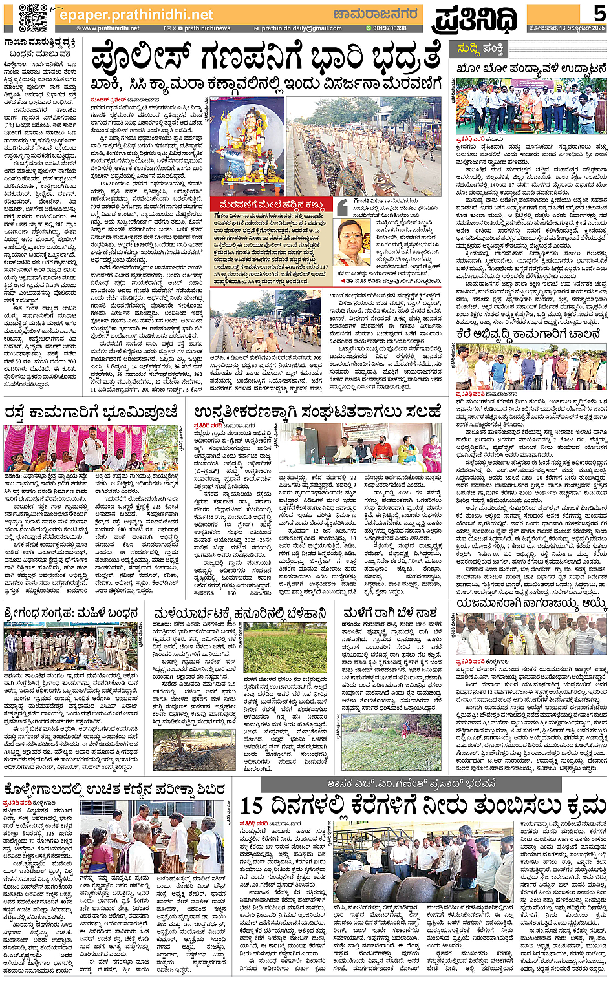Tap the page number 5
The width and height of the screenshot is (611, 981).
tap(598, 13)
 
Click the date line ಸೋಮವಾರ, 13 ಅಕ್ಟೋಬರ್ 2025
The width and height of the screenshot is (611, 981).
tap(567, 28)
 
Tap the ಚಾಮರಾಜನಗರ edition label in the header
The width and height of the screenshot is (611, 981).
tap(376, 14)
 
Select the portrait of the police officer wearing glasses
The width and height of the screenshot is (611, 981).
tap(354, 243)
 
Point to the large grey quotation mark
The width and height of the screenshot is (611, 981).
tap(343, 207)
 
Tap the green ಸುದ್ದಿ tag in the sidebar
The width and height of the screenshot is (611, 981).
tap(468, 48)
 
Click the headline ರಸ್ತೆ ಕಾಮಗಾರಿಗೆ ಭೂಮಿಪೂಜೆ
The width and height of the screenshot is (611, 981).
tap(91, 412)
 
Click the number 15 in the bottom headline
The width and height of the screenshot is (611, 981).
tap(252, 806)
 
